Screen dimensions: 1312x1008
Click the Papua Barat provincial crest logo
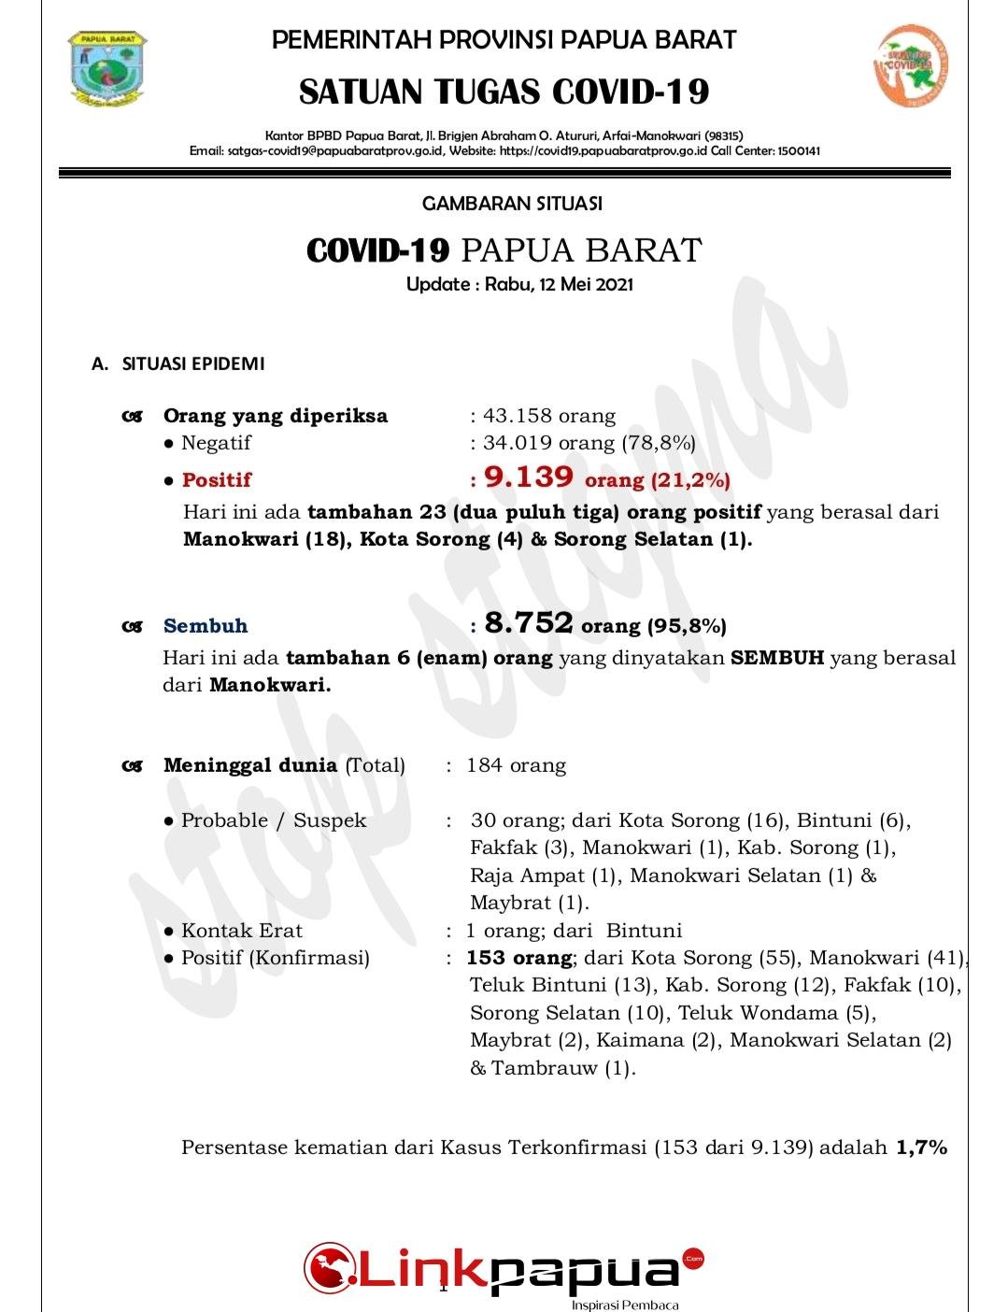coord(107,68)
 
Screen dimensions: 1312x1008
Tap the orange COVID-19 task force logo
coord(912,66)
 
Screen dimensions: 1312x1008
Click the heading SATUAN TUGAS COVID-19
coord(504,92)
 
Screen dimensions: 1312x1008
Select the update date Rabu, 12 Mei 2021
coord(559,284)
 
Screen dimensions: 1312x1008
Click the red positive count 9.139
coord(529,478)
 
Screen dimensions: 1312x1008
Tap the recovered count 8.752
coord(528,623)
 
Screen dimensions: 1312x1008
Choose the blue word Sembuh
coord(206,626)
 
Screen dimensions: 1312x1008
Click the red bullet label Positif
coord(217,480)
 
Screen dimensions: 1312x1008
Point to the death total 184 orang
coord(516,766)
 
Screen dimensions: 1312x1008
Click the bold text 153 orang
coord(518,958)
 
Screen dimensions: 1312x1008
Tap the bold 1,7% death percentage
coord(921,1148)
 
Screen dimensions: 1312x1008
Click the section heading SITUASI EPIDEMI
coord(193,364)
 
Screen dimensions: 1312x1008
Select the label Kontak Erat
coord(241,931)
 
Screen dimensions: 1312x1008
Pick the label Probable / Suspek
coord(273,820)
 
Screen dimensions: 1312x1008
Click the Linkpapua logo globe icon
coord(329,1267)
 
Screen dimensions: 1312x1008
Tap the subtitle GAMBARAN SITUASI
coord(512,203)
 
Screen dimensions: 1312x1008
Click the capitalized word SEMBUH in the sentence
coord(777,658)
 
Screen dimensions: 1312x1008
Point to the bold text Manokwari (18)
coord(266,539)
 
